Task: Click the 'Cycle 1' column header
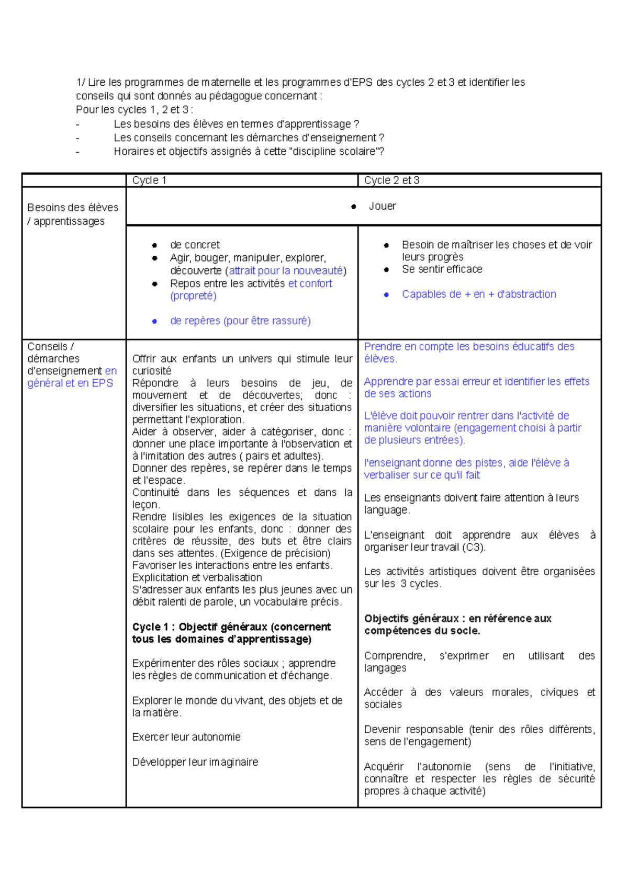coord(149,180)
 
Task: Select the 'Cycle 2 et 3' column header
coord(391,180)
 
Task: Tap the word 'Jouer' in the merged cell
coord(382,206)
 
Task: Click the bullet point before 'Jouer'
coord(354,207)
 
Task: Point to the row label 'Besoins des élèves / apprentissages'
coord(73,214)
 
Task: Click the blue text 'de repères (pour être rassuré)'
coord(240,321)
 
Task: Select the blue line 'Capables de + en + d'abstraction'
coord(479,294)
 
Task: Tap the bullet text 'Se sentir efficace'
coord(442,269)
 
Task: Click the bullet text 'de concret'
coord(195,245)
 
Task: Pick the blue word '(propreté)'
coord(193,295)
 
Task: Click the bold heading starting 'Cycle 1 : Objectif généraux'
coord(231,627)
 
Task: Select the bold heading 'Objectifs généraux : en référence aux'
coord(457,619)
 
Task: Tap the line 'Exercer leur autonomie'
coord(186,737)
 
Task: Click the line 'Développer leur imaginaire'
coord(195,762)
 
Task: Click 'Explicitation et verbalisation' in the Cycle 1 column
coord(197,577)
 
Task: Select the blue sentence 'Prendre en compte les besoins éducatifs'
coord(469,347)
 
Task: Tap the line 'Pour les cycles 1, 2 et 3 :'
coord(134,110)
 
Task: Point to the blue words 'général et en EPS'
coord(70,383)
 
